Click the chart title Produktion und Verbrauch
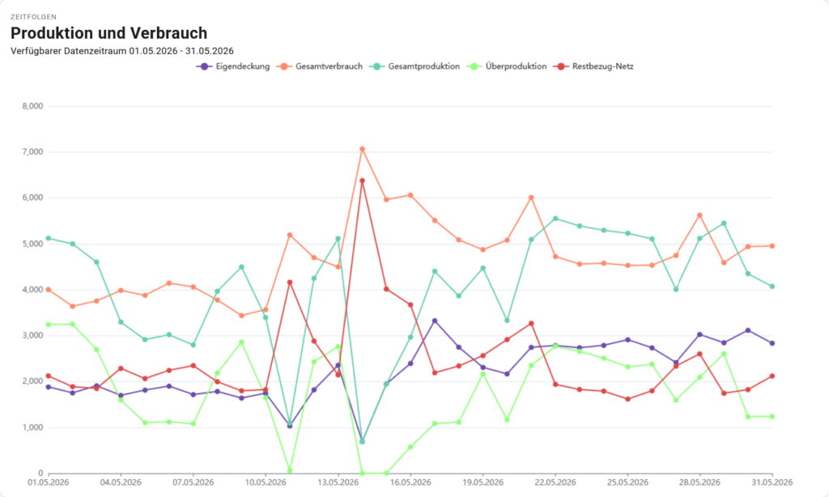(109, 32)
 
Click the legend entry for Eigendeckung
(233, 66)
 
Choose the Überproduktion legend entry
(507, 66)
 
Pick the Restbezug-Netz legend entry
(593, 66)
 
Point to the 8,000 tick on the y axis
(32, 106)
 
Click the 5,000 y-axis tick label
(32, 244)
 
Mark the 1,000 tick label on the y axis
(32, 427)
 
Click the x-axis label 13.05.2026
(338, 482)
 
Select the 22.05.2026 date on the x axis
(555, 482)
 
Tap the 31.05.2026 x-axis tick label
(772, 482)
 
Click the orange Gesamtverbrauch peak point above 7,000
(362, 149)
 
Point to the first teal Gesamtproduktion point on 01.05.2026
(49, 239)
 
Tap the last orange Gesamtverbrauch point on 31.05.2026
(772, 246)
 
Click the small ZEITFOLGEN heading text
(33, 17)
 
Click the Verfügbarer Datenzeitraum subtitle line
(122, 51)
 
